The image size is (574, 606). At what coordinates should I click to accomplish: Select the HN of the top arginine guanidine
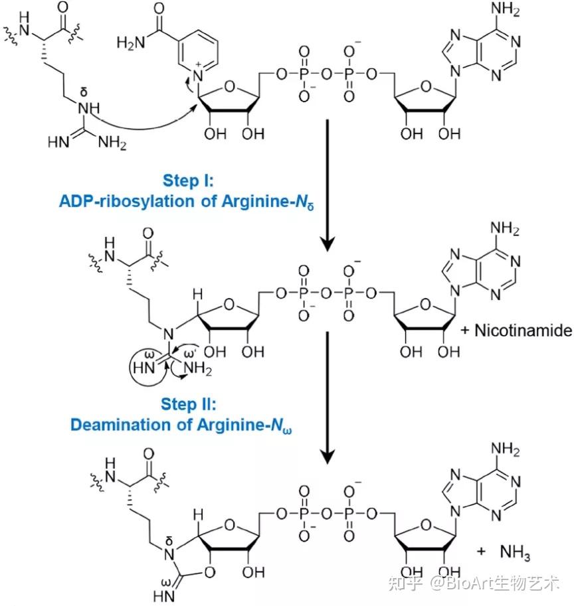[58, 141]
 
